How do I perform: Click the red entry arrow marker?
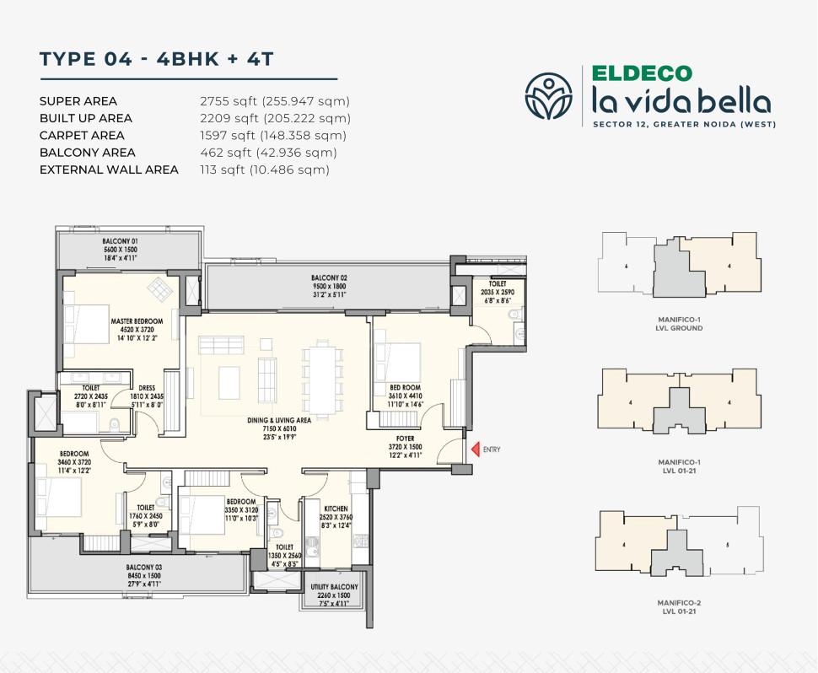tap(475, 450)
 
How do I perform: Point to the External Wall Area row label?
tap(109, 170)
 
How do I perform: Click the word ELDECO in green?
tap(642, 74)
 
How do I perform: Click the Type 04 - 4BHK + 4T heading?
tap(157, 59)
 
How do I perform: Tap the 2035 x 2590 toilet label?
tap(497, 291)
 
